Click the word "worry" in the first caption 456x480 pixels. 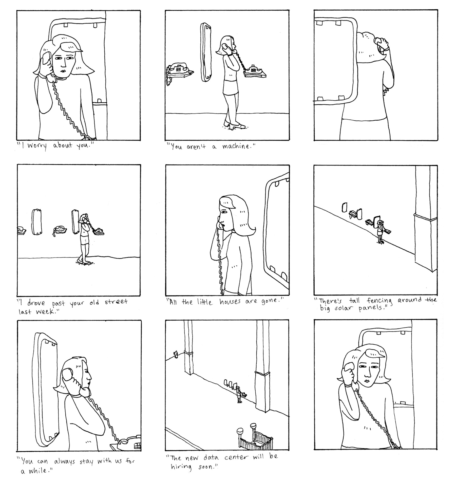pyautogui.click(x=37, y=147)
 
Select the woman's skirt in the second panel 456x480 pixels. pyautogui.click(x=230, y=87)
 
